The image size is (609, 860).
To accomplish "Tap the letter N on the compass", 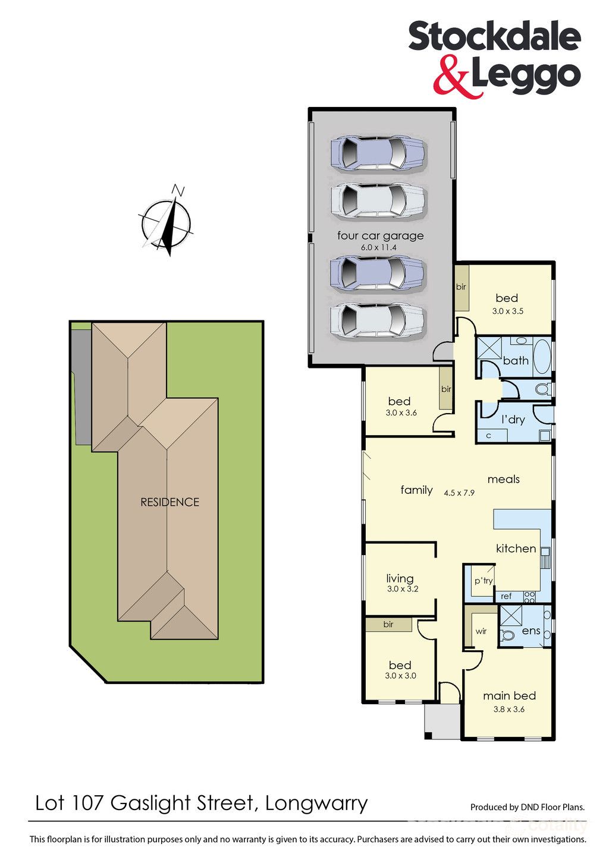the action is point(178,190).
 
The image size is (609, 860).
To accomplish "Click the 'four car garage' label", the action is point(381,236).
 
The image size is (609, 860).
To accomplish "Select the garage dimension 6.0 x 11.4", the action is point(378,248).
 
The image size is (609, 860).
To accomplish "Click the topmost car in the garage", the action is point(378,153).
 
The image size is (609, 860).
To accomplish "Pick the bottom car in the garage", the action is point(378,319).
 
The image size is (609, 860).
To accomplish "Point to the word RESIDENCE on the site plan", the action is point(170,502).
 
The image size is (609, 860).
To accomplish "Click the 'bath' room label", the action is point(516,361).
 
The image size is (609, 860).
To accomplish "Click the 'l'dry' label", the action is point(513,419).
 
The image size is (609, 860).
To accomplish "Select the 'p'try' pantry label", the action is point(484,581).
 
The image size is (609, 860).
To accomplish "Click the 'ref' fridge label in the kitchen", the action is point(506,596).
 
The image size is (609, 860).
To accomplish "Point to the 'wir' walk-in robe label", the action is point(481,631).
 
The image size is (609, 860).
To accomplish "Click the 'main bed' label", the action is point(509,696).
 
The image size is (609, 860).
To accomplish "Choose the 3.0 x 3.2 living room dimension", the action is point(403,588).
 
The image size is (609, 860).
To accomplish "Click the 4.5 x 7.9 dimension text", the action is point(459,493).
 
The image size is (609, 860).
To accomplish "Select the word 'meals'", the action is point(503,479).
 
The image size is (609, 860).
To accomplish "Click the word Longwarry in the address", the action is point(316,804).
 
